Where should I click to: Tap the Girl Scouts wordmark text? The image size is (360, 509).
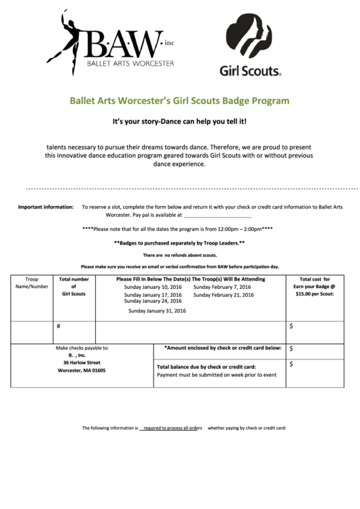pyautogui.click(x=250, y=69)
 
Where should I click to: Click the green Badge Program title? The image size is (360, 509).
pyautogui.click(x=180, y=101)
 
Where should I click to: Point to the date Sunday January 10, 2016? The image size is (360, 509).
pyautogui.click(x=153, y=287)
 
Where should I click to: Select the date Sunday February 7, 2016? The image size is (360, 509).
pyautogui.click(x=222, y=287)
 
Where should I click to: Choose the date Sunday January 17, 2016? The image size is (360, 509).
pyautogui.click(x=153, y=296)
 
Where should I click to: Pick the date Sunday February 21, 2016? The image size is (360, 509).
pyautogui.click(x=223, y=296)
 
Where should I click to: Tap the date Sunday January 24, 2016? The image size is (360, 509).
pyautogui.click(x=153, y=302)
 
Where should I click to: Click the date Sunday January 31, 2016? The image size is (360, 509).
pyautogui.click(x=157, y=311)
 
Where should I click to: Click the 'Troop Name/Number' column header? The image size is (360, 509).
pyautogui.click(x=32, y=283)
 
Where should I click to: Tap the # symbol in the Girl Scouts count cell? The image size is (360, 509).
pyautogui.click(x=59, y=326)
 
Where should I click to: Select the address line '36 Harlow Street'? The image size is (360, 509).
pyautogui.click(x=82, y=363)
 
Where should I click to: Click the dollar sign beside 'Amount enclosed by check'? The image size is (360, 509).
pyautogui.click(x=291, y=349)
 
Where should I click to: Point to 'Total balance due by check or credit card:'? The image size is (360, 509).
pyautogui.click(x=206, y=367)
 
